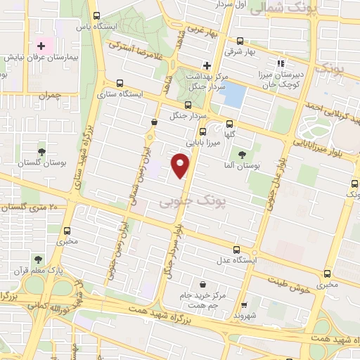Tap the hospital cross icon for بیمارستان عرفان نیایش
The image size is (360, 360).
41,45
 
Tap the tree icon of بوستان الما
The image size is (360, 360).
242,155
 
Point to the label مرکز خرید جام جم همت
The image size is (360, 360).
202,300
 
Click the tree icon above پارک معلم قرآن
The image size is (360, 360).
38,259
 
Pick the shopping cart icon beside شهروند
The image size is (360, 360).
244,305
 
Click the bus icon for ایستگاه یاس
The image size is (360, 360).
97,15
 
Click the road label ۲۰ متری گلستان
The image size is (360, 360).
32,207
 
